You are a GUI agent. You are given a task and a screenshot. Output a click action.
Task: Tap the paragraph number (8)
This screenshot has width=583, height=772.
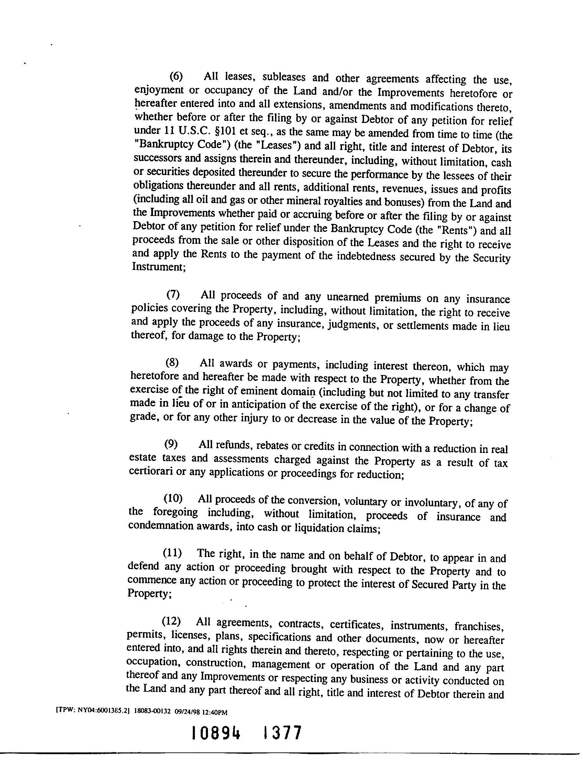click(172, 363)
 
